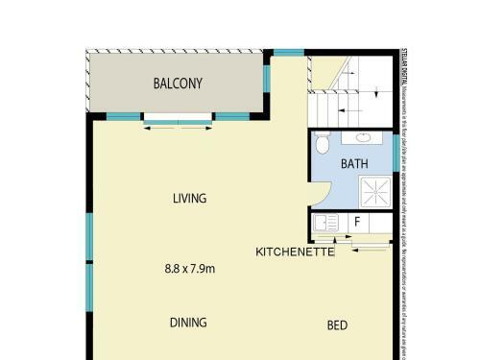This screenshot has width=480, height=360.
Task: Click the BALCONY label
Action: [179, 84]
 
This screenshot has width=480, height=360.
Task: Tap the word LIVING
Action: [190, 199]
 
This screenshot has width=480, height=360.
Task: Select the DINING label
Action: [188, 323]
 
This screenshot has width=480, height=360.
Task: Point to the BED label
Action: [337, 325]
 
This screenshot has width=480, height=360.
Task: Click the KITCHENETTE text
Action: [295, 252]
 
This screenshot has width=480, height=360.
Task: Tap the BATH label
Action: [354, 164]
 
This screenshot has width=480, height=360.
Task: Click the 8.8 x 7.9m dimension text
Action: [190, 269]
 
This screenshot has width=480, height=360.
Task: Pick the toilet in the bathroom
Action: [324, 145]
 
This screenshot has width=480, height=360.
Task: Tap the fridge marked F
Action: [357, 223]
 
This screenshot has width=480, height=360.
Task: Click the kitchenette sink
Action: [326, 224]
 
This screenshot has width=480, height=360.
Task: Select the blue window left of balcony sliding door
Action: [123, 116]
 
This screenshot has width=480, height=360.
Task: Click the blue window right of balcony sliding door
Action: [231, 116]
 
